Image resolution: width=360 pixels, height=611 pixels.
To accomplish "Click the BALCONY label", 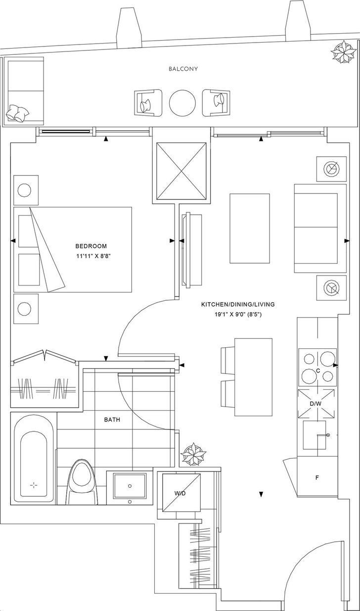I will coord(182,69).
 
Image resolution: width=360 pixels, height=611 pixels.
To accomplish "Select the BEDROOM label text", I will coord(91,246).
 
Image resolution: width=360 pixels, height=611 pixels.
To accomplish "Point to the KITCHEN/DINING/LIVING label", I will coord(238,304).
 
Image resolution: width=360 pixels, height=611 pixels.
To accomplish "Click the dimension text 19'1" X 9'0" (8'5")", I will coord(238,314).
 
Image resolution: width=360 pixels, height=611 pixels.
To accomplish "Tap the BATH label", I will coord(112,420).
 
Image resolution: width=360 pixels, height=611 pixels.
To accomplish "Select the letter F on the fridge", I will coord(317,478).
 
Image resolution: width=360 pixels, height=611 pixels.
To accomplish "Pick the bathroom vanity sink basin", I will coord(130,487).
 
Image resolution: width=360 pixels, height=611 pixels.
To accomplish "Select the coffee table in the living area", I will coord(250,228).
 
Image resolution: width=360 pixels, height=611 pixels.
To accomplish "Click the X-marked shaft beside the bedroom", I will coord(181,171).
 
